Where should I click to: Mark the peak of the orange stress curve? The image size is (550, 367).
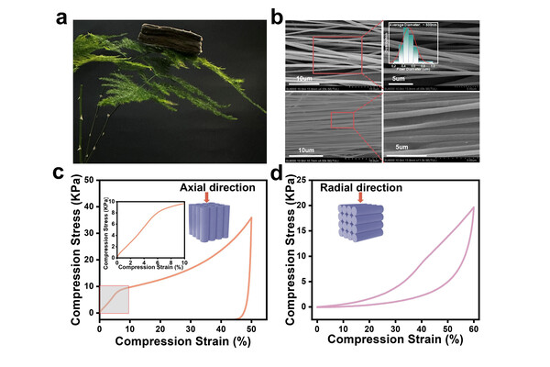[x=251, y=217]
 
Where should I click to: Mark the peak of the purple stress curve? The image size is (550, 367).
[x=473, y=207]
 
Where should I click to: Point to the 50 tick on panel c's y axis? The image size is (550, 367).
[x=89, y=180]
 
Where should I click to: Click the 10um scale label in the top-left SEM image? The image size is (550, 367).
[x=309, y=79]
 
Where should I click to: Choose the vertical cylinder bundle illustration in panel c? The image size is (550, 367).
[x=206, y=223]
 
